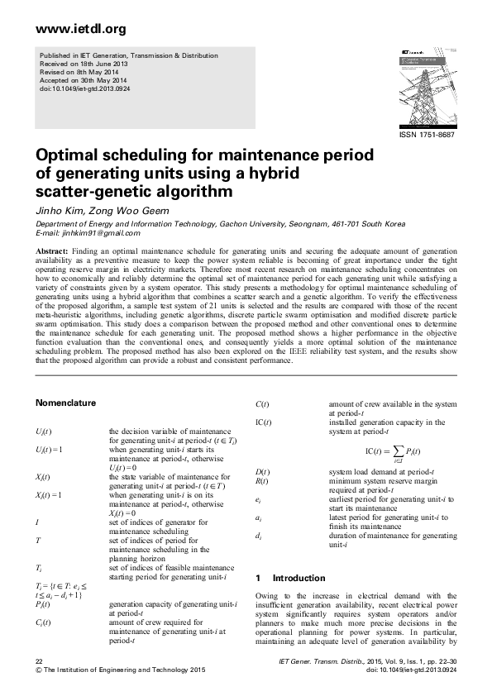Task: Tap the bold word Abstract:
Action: [x=51, y=250]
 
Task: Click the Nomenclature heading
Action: [x=65, y=403]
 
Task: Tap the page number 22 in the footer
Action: [x=39, y=663]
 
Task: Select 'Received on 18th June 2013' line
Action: [x=80, y=64]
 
